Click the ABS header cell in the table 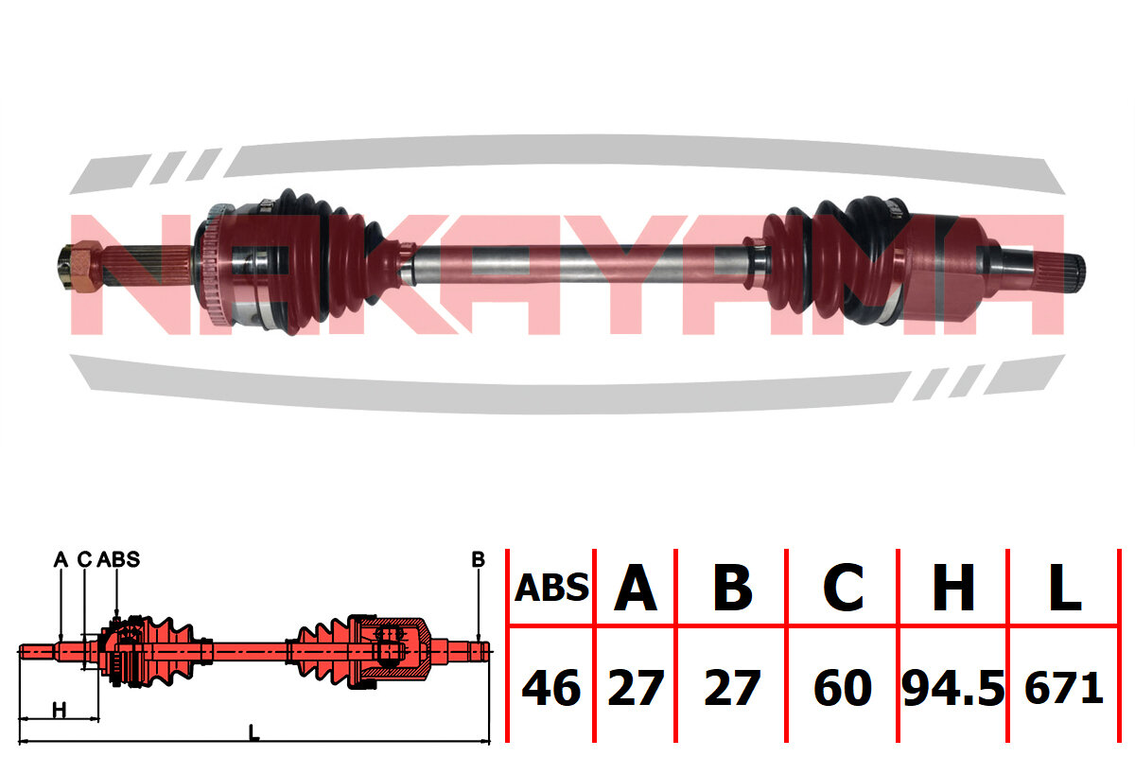pos(551,588)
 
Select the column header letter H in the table pos(953,587)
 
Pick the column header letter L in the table pos(1065,587)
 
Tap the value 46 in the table pos(550,688)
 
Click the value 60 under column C pos(843,688)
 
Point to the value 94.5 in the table pos(953,688)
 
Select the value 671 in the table pos(1064,688)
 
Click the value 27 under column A pos(636,688)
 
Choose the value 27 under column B pos(732,688)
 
